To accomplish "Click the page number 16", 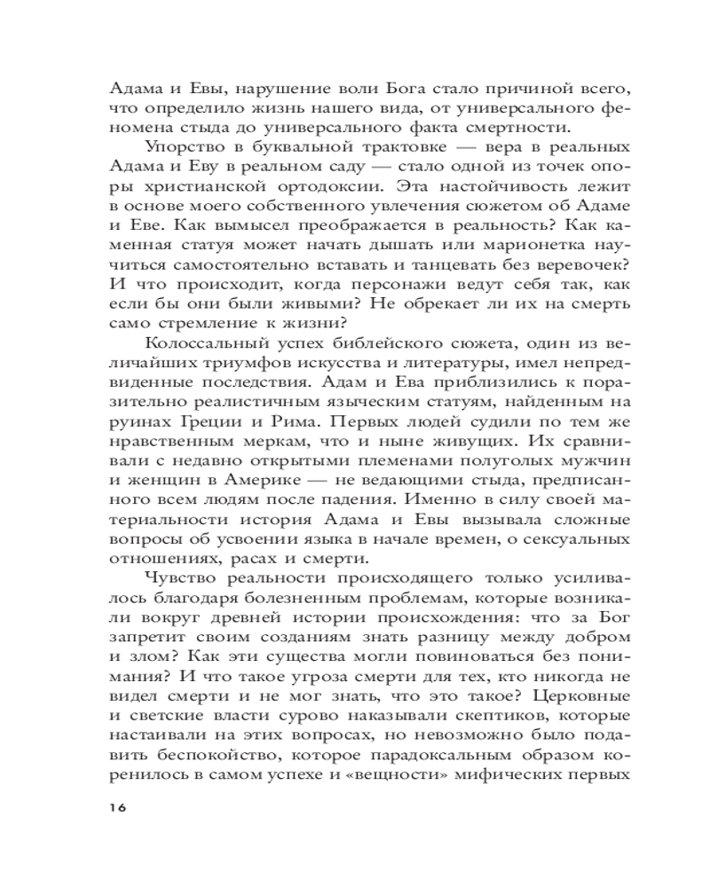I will pos(117,807).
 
